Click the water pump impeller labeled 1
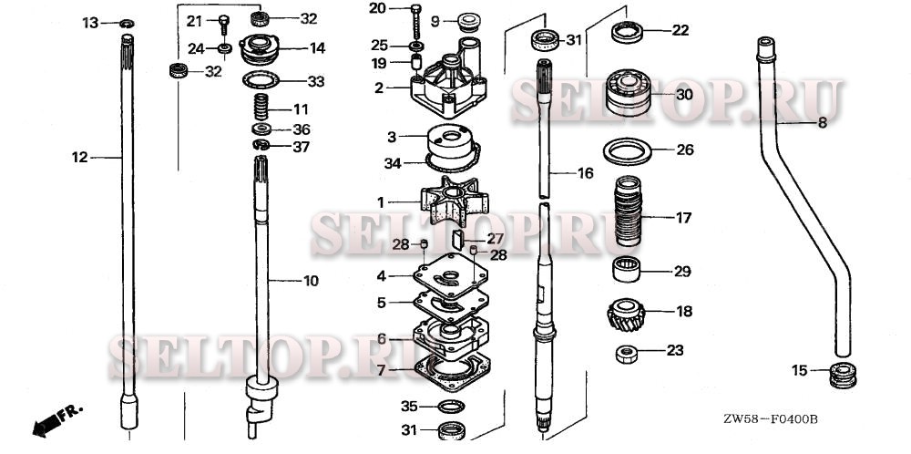click(x=454, y=201)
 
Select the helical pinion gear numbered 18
click(x=627, y=315)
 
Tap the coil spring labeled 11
click(x=262, y=108)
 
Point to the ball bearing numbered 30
click(x=628, y=93)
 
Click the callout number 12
click(x=79, y=157)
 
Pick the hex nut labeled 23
click(x=627, y=354)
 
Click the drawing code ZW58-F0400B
click(x=771, y=419)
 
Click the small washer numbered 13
click(x=127, y=24)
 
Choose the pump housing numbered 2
click(x=448, y=77)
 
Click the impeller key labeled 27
click(x=458, y=239)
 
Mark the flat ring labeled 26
click(x=627, y=151)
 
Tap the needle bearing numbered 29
click(x=627, y=269)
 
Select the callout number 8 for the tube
click(x=822, y=123)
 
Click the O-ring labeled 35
click(x=450, y=406)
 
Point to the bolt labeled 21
click(x=224, y=27)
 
